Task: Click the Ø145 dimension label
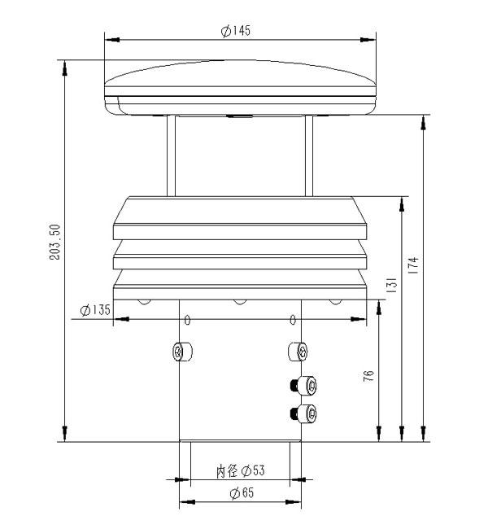235,31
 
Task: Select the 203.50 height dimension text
54,242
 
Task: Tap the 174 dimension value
414,266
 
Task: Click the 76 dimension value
368,376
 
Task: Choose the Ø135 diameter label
95,310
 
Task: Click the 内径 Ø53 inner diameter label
241,470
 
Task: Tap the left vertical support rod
172,155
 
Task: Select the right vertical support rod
309,155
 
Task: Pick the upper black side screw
304,386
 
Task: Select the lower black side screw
304,413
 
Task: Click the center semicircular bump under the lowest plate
240,302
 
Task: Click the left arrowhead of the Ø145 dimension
111,38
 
